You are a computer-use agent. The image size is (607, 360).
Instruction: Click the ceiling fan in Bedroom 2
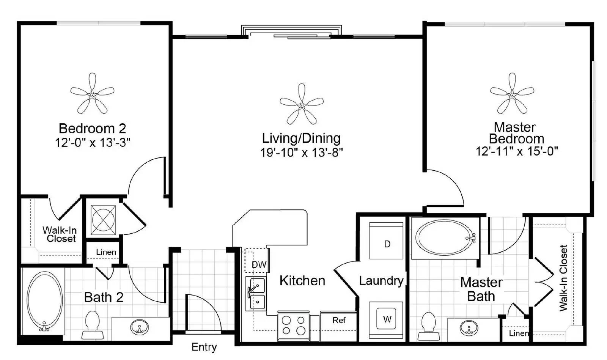point(92,95)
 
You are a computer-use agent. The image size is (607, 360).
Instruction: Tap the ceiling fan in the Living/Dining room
point(302,105)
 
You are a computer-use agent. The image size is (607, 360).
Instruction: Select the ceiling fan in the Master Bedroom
point(512,95)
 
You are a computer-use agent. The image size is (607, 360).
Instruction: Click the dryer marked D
point(386,241)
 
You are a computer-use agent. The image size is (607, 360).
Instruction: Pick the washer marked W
point(386,320)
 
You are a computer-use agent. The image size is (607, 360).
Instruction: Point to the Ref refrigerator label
point(339,321)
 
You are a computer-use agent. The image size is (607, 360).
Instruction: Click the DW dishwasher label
point(259,265)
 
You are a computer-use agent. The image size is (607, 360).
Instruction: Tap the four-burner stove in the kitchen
point(293,326)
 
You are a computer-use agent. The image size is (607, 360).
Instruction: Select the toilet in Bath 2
point(93,325)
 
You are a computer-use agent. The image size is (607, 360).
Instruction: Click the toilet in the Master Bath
point(429,326)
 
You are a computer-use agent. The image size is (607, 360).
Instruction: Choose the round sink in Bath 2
point(139,327)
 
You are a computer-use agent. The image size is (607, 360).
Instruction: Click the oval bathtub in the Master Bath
point(446,238)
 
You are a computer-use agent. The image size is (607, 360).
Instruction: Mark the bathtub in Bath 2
point(44,301)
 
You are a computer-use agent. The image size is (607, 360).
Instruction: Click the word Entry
point(204,347)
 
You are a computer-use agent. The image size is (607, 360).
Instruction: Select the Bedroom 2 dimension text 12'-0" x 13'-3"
point(93,143)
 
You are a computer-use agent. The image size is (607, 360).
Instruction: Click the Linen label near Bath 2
point(106,252)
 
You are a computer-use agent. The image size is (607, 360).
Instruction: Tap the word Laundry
point(381,281)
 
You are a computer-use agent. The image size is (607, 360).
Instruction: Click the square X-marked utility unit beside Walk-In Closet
point(103,220)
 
